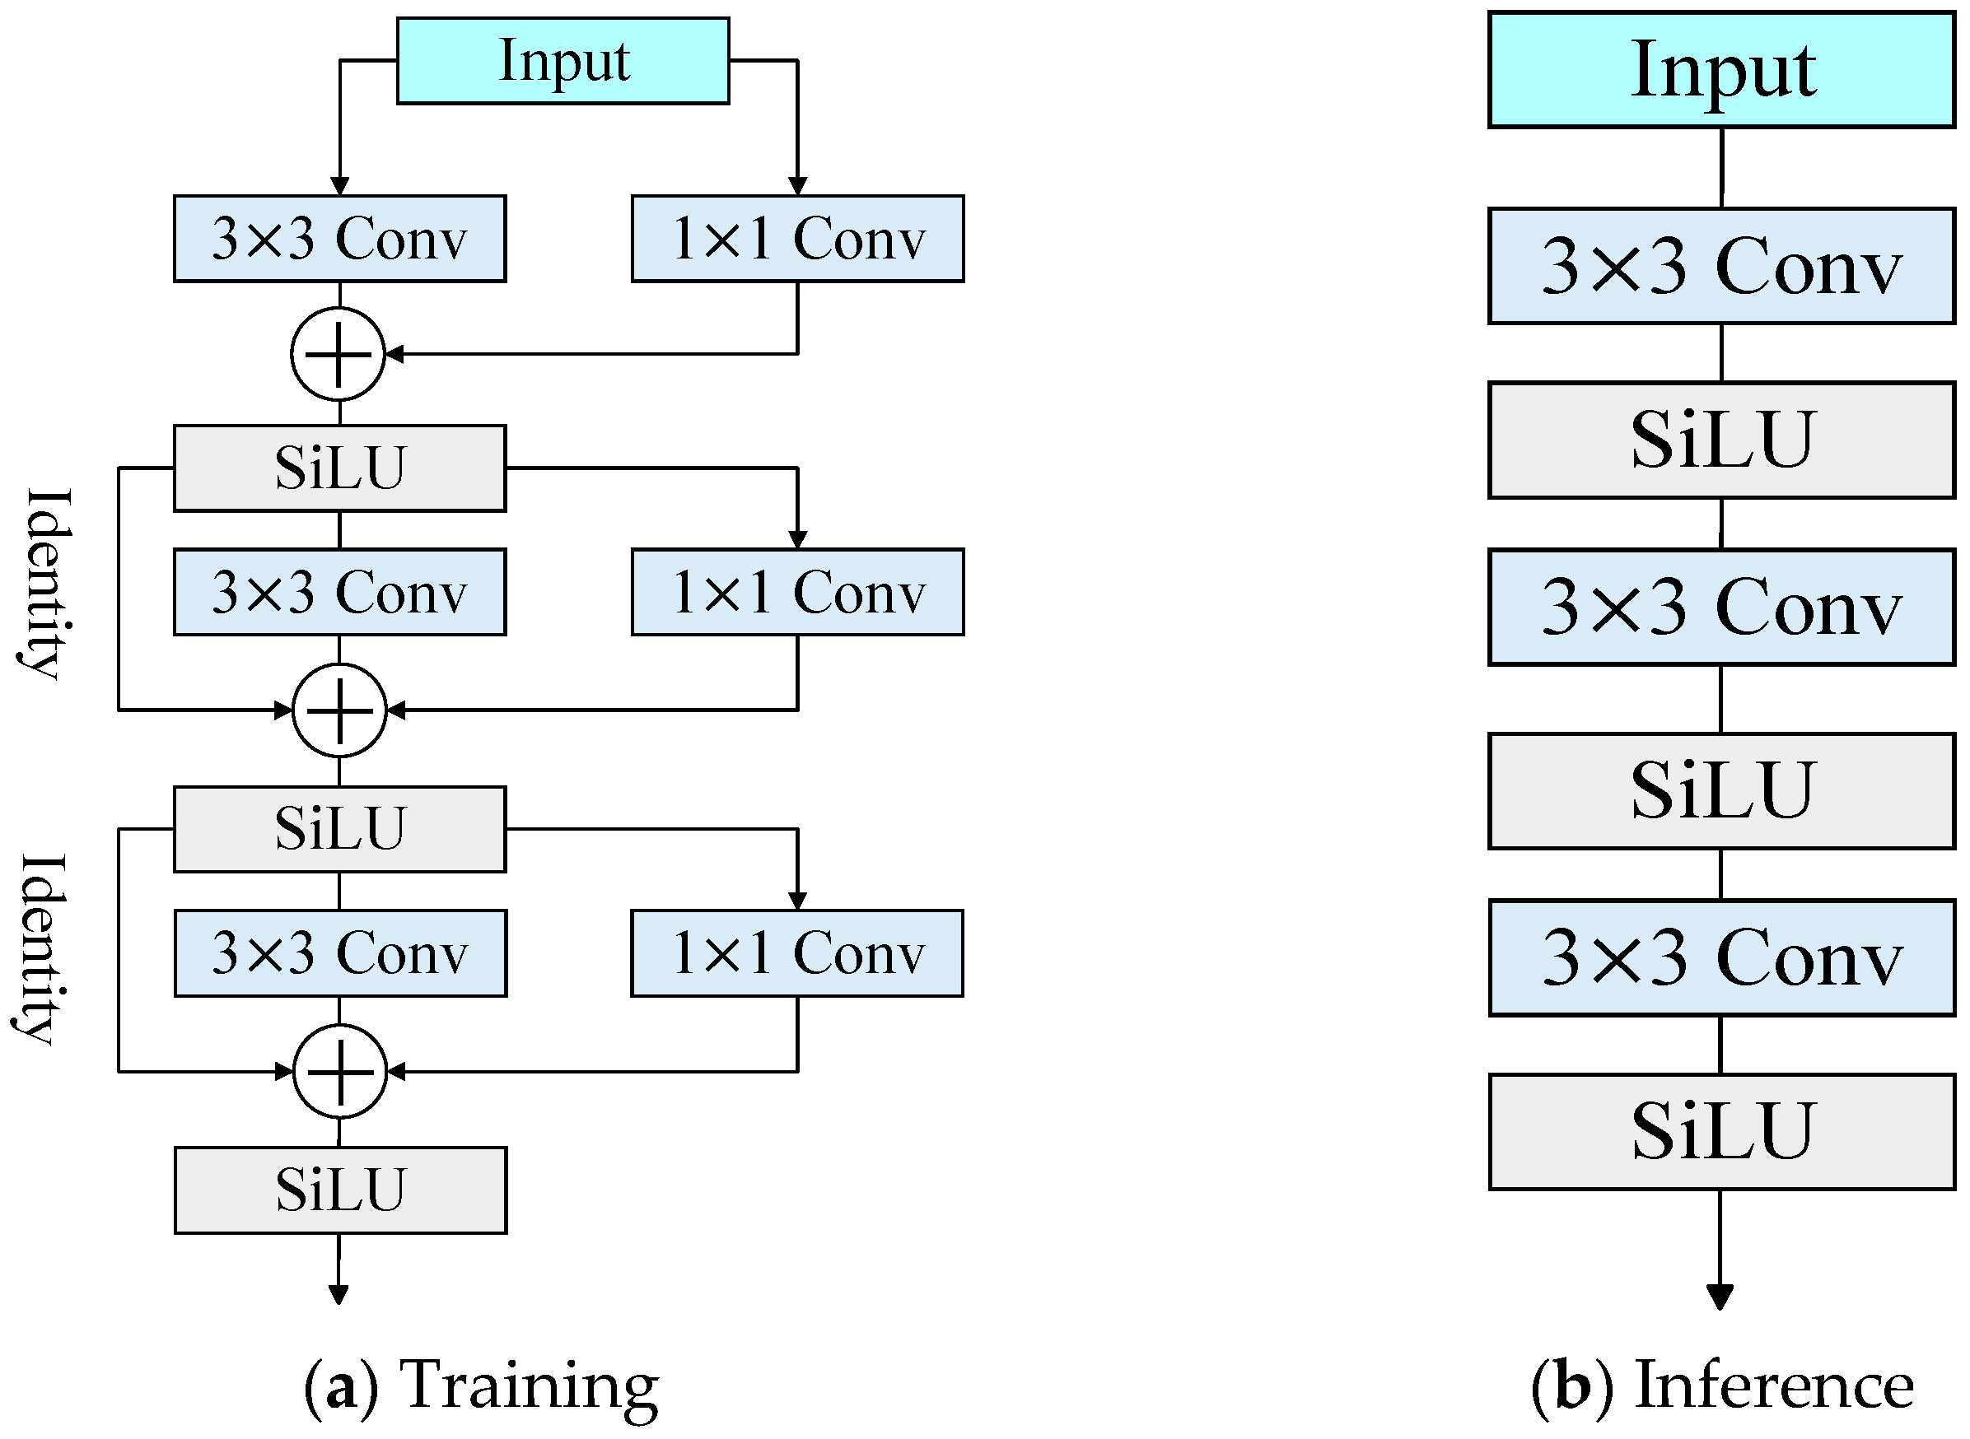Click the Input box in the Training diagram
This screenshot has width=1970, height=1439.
tap(563, 61)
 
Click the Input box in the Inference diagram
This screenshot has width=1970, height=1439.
tap(1720, 70)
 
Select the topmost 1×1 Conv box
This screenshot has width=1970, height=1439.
tap(797, 239)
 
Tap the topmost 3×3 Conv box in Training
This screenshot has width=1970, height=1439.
tap(340, 239)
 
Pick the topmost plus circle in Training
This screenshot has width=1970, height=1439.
tap(338, 355)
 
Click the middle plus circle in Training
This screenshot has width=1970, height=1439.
tap(340, 710)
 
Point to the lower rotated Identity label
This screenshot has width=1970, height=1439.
tap(42, 949)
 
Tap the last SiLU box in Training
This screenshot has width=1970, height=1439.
tap(340, 1190)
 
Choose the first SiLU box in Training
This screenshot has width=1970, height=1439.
tap(340, 468)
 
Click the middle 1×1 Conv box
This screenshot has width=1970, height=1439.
tap(797, 593)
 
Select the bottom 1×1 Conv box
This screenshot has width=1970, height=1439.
tap(797, 953)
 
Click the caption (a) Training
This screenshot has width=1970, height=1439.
tap(482, 1385)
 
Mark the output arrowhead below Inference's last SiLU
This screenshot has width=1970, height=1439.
tap(1719, 1297)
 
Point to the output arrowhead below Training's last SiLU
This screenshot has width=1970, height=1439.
tap(339, 1294)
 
